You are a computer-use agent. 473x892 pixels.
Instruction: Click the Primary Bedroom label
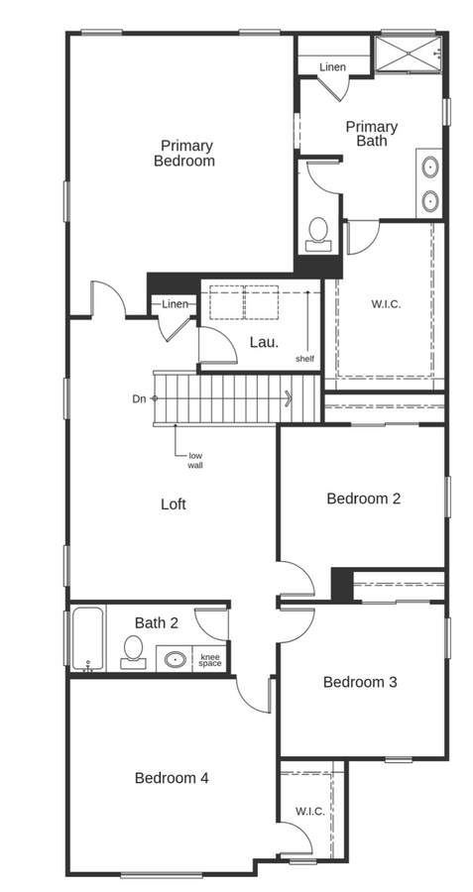pyautogui.click(x=184, y=153)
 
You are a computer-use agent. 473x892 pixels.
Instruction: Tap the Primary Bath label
pyautogui.click(x=372, y=134)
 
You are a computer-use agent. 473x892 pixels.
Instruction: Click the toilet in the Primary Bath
pyautogui.click(x=319, y=232)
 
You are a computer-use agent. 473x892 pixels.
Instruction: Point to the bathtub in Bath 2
pyautogui.click(x=85, y=639)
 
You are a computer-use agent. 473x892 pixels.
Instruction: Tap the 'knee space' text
pyautogui.click(x=210, y=660)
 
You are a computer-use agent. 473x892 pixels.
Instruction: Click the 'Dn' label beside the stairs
pyautogui.click(x=140, y=399)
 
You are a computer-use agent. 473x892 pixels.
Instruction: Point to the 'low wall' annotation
pyautogui.click(x=195, y=460)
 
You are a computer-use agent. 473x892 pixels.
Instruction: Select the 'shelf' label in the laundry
pyautogui.click(x=304, y=358)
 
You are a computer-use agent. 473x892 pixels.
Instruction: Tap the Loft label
pyautogui.click(x=174, y=503)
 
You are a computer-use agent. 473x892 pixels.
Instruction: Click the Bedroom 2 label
pyautogui.click(x=363, y=499)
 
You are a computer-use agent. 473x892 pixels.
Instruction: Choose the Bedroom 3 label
pyautogui.click(x=359, y=682)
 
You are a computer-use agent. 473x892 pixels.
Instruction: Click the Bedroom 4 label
pyautogui.click(x=172, y=778)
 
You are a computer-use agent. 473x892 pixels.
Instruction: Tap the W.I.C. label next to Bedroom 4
pyautogui.click(x=309, y=812)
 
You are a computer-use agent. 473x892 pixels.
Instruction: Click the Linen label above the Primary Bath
pyautogui.click(x=332, y=67)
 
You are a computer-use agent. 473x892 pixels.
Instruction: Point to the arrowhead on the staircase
pyautogui.click(x=289, y=399)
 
